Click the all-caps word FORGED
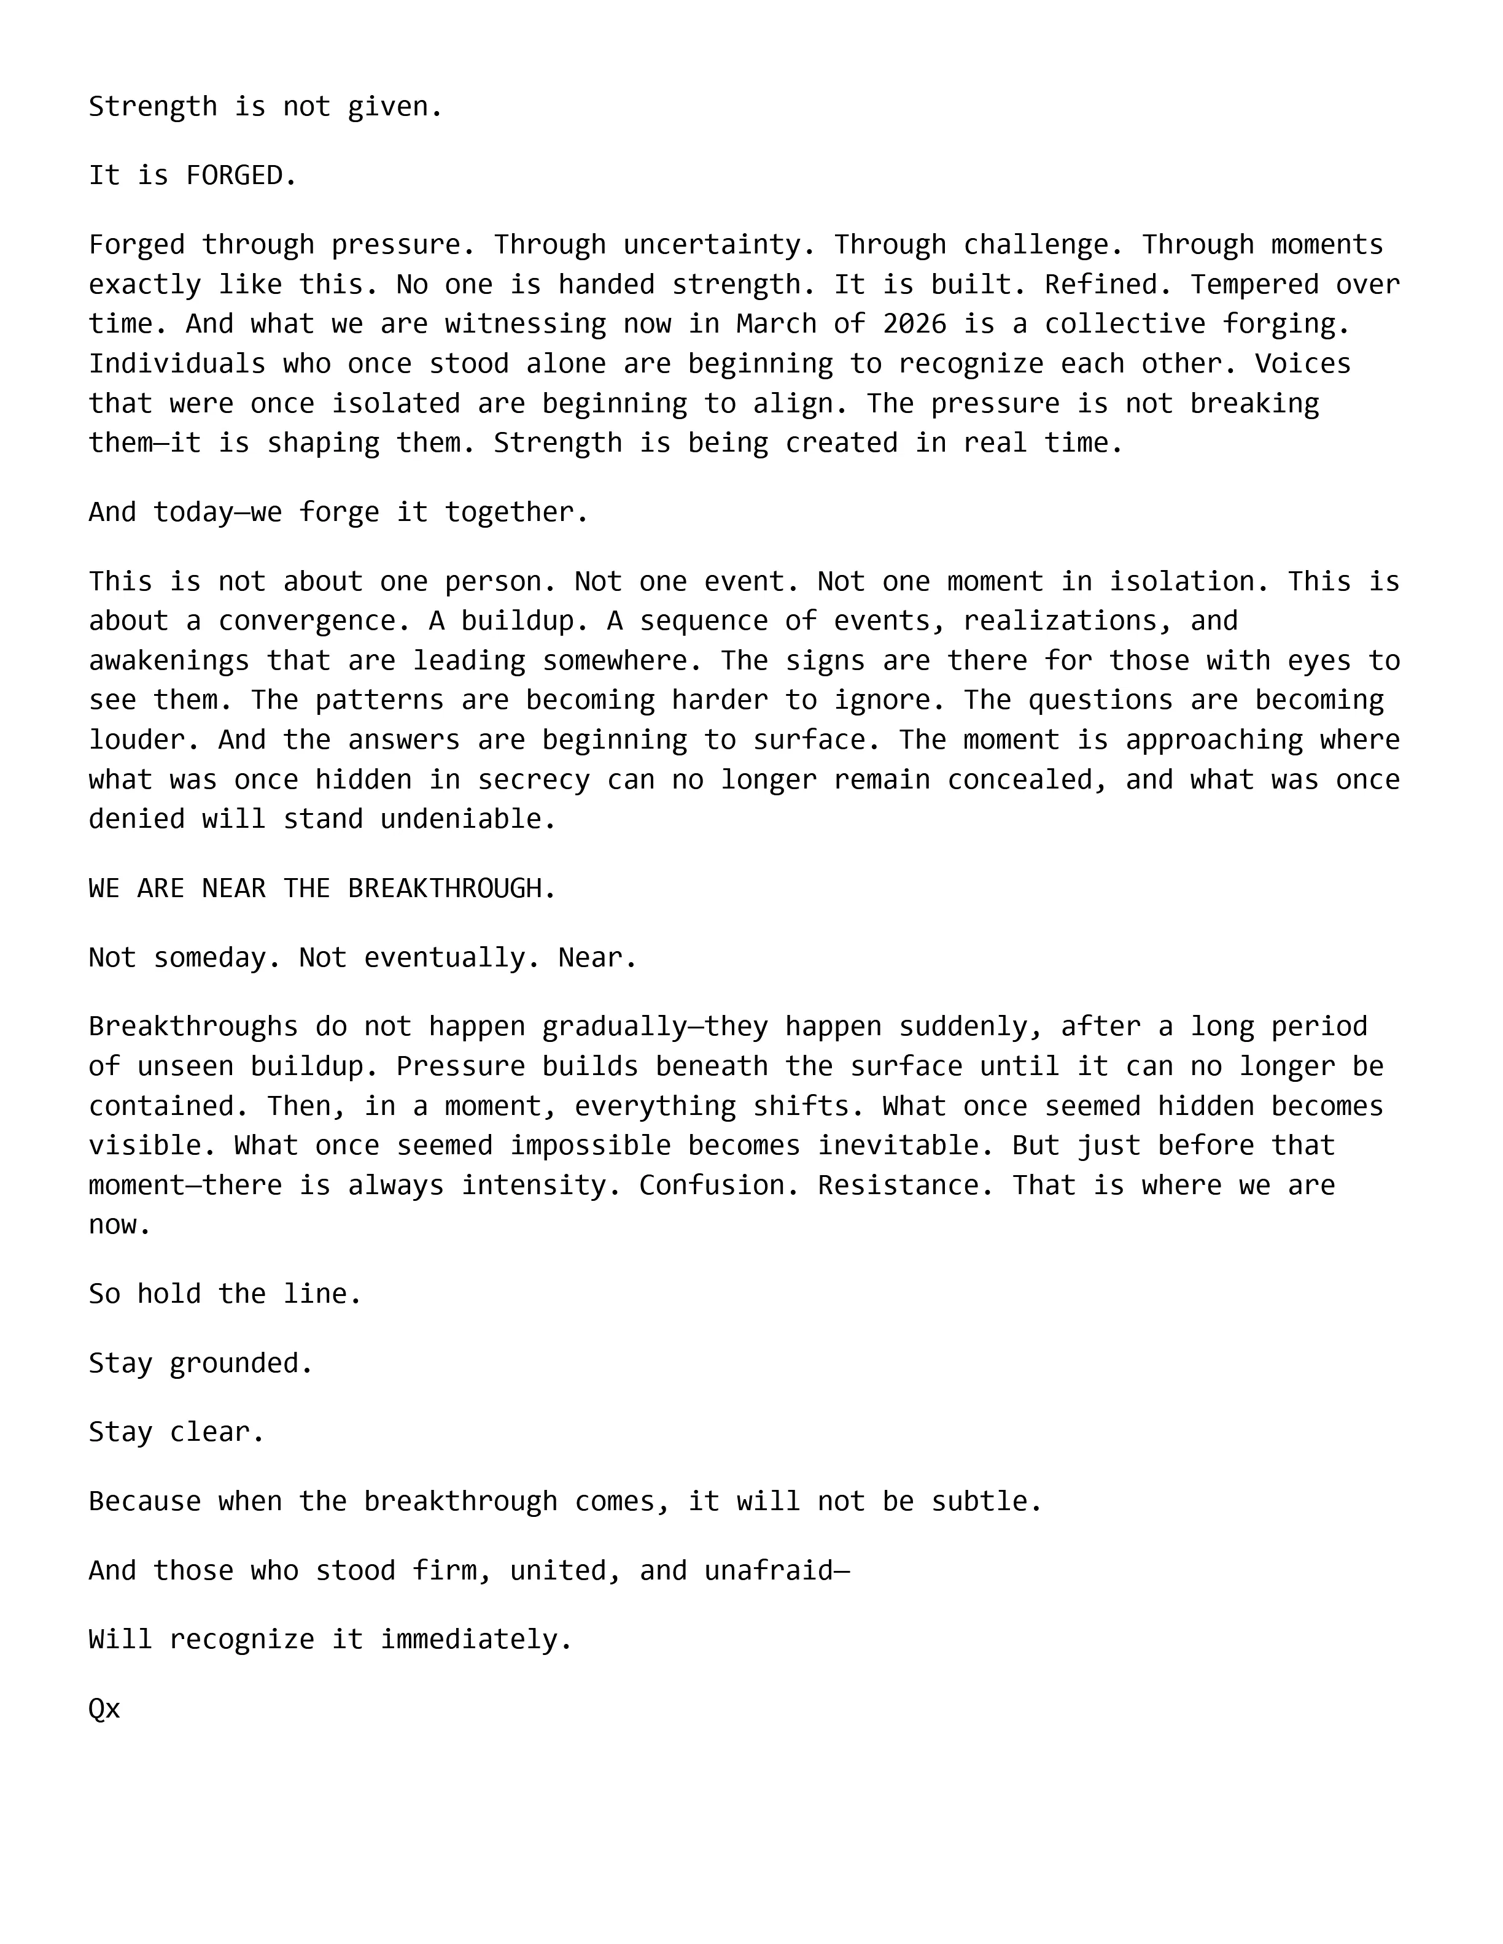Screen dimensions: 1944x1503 (233, 175)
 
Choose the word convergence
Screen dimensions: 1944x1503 (315, 620)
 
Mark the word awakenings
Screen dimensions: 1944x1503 (169, 660)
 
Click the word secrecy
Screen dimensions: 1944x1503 (534, 780)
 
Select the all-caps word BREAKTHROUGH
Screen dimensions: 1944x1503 (445, 889)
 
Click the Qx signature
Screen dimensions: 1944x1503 (104, 1709)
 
